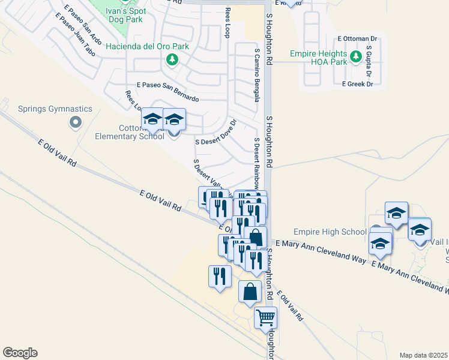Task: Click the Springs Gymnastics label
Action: [x=55, y=109]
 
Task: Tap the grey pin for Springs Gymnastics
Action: [x=75, y=123]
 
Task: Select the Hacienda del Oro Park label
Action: [x=147, y=46]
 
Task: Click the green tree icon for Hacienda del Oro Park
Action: [x=172, y=59]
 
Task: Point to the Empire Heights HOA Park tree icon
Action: [x=355, y=57]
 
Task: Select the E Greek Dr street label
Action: [x=357, y=84]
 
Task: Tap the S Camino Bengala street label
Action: [x=257, y=75]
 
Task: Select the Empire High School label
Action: [x=330, y=232]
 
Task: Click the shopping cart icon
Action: [x=265, y=317]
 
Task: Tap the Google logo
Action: [x=20, y=353]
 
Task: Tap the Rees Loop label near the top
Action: [x=227, y=23]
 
